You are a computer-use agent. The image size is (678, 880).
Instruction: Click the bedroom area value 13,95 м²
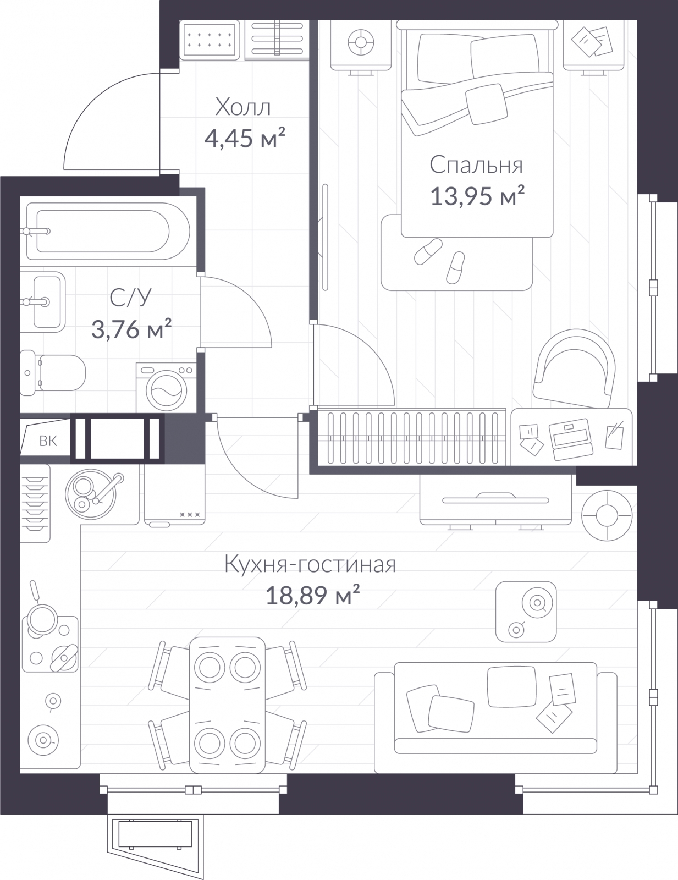point(477,196)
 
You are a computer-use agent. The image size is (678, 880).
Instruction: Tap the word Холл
point(243,107)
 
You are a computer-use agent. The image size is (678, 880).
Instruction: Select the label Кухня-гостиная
point(310,564)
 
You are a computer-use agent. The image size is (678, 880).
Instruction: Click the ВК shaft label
point(48,441)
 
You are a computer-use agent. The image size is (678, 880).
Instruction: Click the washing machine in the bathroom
point(167,388)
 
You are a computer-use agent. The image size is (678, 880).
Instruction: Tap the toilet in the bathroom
point(53,372)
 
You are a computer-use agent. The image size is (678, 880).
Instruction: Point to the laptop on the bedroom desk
point(571,441)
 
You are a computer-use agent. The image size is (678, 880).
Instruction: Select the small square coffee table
point(526,612)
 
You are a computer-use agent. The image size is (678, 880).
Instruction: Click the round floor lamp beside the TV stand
point(607,515)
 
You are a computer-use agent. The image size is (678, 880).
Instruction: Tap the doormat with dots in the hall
point(210,40)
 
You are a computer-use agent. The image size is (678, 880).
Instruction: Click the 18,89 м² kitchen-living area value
point(312,595)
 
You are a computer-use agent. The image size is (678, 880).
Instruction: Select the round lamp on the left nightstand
point(361,42)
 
